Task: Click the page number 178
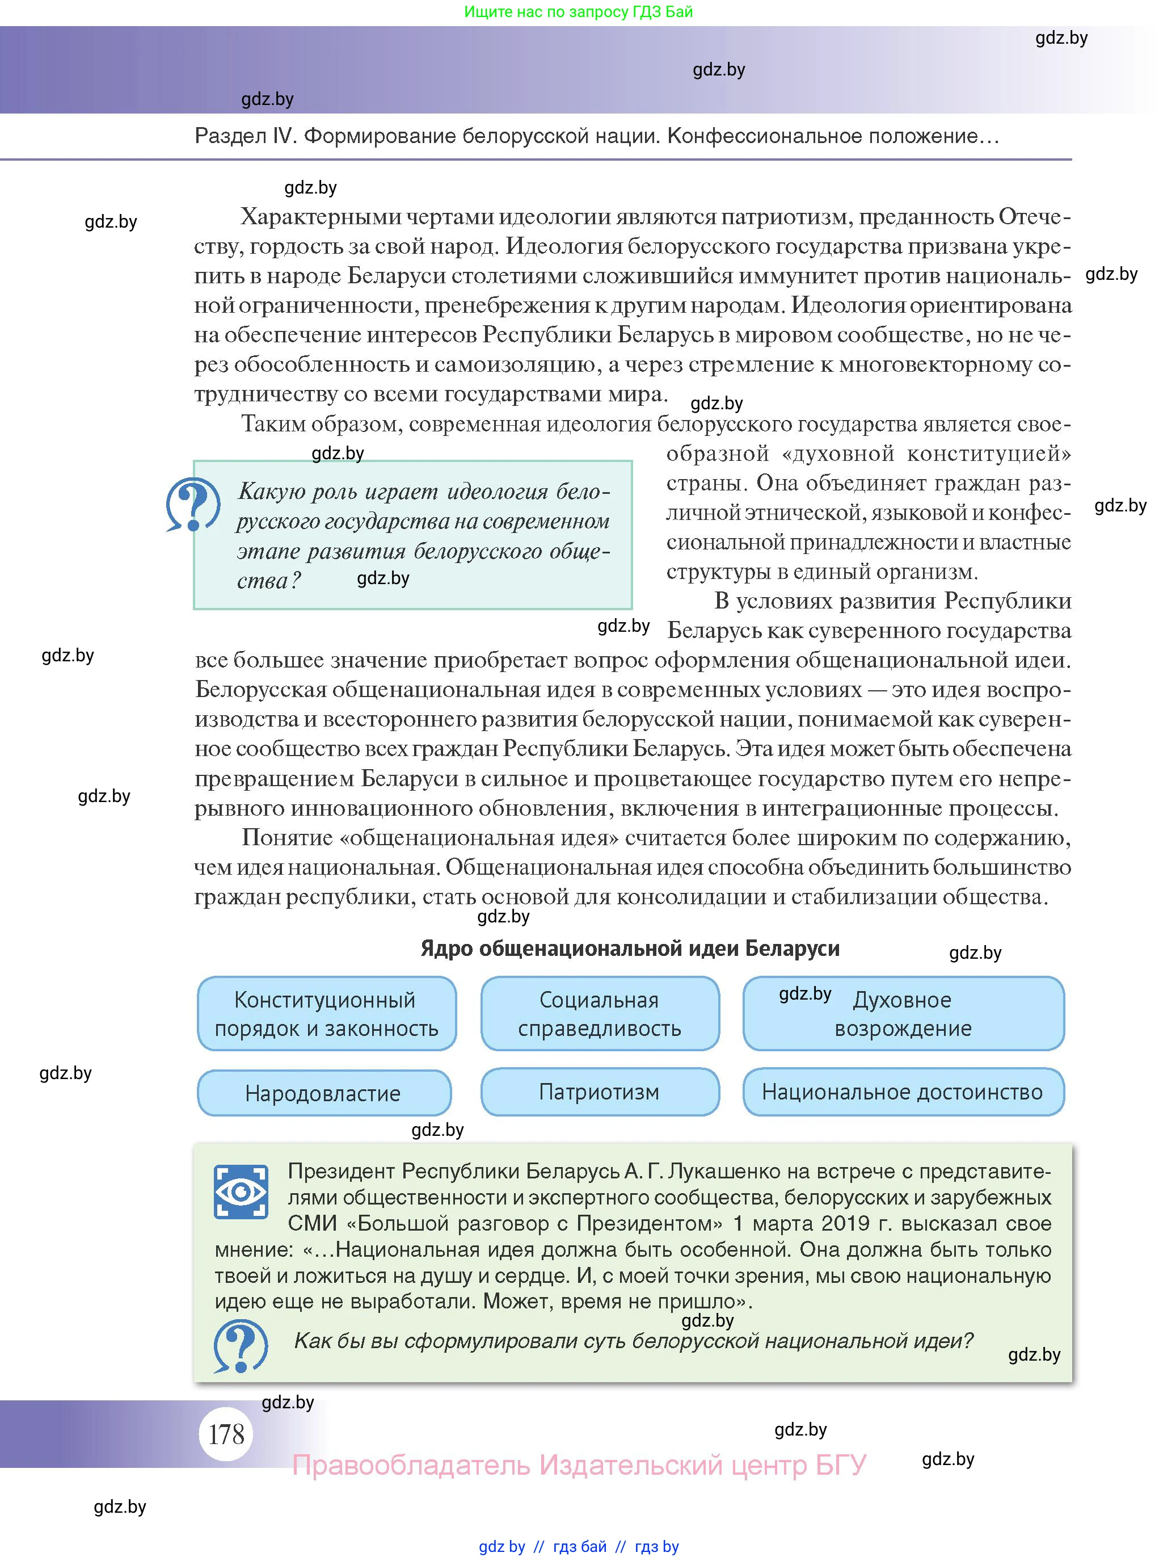[226, 1433]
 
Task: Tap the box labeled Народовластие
[323, 1093]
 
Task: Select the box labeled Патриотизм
[599, 1092]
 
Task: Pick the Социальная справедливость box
[599, 1014]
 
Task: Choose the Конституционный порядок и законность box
[326, 1014]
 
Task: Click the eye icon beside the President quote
[241, 1191]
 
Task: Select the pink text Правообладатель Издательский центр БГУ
[579, 1465]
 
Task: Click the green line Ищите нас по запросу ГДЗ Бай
[578, 11]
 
